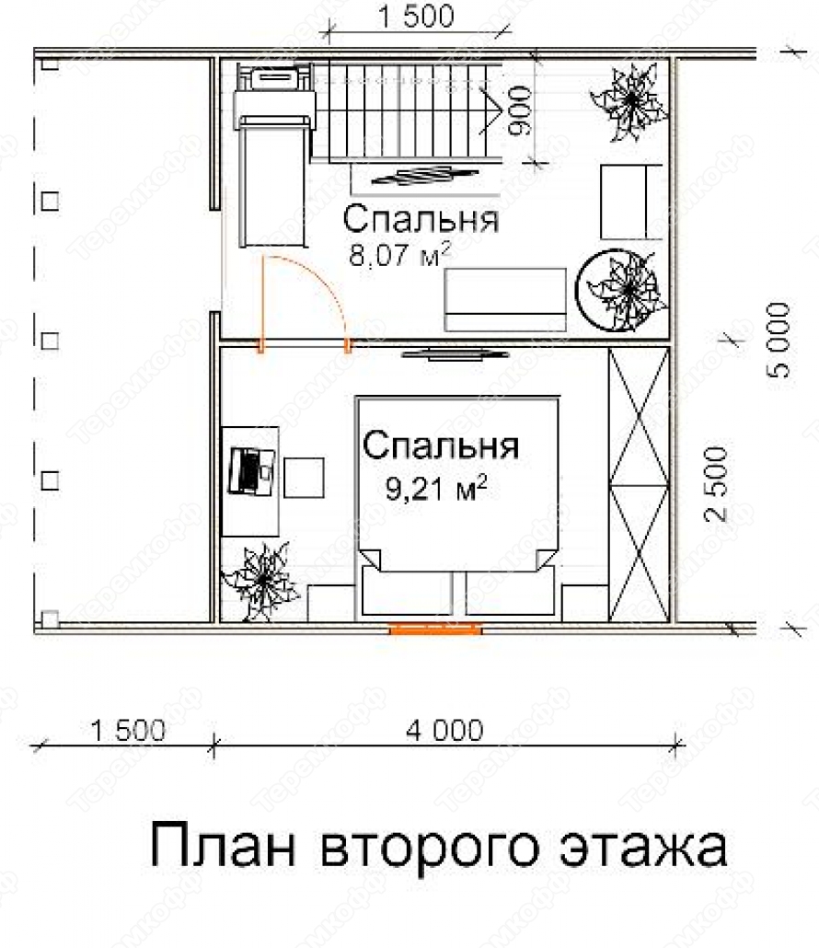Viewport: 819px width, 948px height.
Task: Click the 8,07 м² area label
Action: pyautogui.click(x=399, y=254)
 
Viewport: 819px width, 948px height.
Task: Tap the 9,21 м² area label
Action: pyautogui.click(x=436, y=488)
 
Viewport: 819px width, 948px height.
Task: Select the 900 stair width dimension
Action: pyautogui.click(x=520, y=110)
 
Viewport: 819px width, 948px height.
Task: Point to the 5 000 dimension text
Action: pyautogui.click(x=779, y=340)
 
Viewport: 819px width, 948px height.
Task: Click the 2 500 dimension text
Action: pyautogui.click(x=716, y=484)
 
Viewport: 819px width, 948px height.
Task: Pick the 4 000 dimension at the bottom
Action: pyautogui.click(x=444, y=731)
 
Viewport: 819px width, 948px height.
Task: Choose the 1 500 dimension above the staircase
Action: pyautogui.click(x=416, y=17)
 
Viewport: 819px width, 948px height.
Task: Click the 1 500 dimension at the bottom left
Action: pyautogui.click(x=128, y=731)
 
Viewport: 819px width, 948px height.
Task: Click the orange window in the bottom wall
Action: pyautogui.click(x=435, y=630)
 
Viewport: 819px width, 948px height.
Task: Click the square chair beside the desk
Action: pyautogui.click(x=304, y=478)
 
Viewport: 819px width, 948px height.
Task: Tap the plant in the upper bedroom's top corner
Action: pyautogui.click(x=629, y=102)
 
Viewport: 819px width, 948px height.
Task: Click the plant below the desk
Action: pyautogui.click(x=261, y=582)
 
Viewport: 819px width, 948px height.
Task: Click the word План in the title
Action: pyautogui.click(x=224, y=844)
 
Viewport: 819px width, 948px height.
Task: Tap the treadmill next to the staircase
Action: pyautogui.click(x=274, y=157)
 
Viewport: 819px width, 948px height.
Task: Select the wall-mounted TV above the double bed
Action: pyautogui.click(x=455, y=354)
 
